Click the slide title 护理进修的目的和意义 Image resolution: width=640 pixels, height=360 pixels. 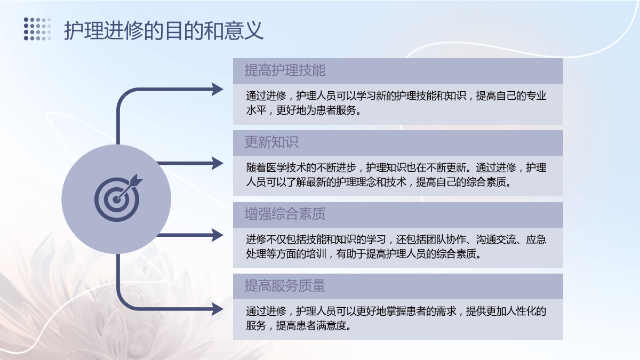point(163,30)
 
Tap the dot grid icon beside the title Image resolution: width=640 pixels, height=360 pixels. point(37,29)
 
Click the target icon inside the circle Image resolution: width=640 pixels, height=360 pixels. point(118,198)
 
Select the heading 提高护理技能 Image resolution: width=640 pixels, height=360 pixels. point(285,70)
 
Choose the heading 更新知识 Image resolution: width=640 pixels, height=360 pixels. point(271,142)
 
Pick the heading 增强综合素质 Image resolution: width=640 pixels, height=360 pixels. point(285,214)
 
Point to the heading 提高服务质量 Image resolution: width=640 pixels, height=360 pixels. point(285,286)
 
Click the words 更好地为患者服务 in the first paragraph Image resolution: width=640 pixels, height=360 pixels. point(316,110)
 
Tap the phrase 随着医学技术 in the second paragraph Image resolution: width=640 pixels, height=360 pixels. point(276,167)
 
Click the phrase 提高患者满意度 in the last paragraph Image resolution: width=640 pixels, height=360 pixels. point(311,326)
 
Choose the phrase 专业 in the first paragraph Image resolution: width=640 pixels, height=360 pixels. point(536,96)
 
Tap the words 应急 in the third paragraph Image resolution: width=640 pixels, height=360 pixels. point(536,239)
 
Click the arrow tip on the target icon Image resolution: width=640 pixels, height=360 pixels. point(117,199)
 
